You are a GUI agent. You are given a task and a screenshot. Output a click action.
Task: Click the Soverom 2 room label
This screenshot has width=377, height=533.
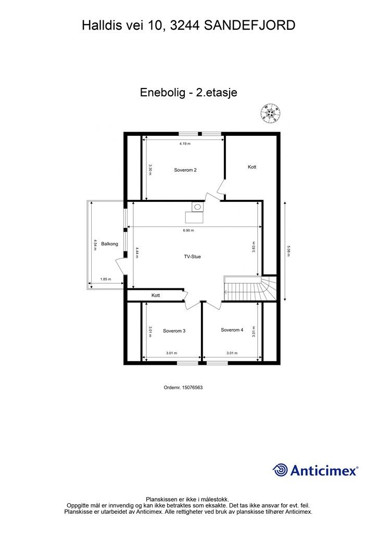point(185,170)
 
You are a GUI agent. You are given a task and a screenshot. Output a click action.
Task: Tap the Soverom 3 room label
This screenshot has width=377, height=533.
point(174,331)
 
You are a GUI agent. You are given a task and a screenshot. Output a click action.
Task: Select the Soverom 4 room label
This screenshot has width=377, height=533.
point(232,330)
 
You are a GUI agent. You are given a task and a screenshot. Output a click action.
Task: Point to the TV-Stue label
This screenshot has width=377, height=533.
point(192,257)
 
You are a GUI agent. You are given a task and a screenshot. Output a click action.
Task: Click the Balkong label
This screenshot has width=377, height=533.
point(109,244)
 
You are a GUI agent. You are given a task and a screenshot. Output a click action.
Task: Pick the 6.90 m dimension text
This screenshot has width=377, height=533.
point(188,230)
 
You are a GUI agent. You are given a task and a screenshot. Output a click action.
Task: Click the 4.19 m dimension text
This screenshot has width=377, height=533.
point(185,144)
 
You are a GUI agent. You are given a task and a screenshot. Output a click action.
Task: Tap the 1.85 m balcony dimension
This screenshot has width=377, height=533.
point(106,280)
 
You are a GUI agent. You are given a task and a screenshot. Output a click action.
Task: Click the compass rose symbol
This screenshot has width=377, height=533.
point(271,112)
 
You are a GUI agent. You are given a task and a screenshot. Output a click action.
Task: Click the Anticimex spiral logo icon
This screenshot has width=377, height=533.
point(280,470)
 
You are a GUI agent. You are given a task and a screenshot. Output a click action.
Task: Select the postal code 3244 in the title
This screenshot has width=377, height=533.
point(186,25)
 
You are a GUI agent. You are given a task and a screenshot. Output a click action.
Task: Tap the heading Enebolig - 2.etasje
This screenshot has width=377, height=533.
point(188,93)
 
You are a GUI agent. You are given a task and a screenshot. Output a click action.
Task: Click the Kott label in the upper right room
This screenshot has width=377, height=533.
point(252,167)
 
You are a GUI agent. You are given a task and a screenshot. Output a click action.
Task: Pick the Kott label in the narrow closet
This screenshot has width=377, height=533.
point(156,296)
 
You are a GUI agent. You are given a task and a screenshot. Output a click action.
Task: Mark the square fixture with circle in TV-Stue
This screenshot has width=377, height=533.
point(197,207)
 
